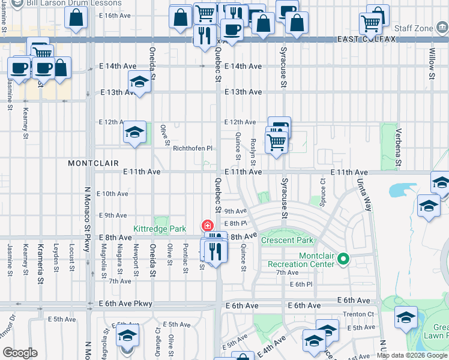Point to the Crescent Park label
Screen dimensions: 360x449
coord(288,241)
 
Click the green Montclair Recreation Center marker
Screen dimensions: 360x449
coord(343,259)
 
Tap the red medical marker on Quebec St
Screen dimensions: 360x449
coord(208,226)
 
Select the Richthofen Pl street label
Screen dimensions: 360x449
coord(193,148)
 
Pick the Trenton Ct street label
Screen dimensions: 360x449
coord(358,314)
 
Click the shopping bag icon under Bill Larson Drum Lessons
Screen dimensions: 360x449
coord(77,19)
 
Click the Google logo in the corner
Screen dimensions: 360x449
coord(20,353)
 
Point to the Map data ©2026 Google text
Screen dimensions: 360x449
coord(412,356)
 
